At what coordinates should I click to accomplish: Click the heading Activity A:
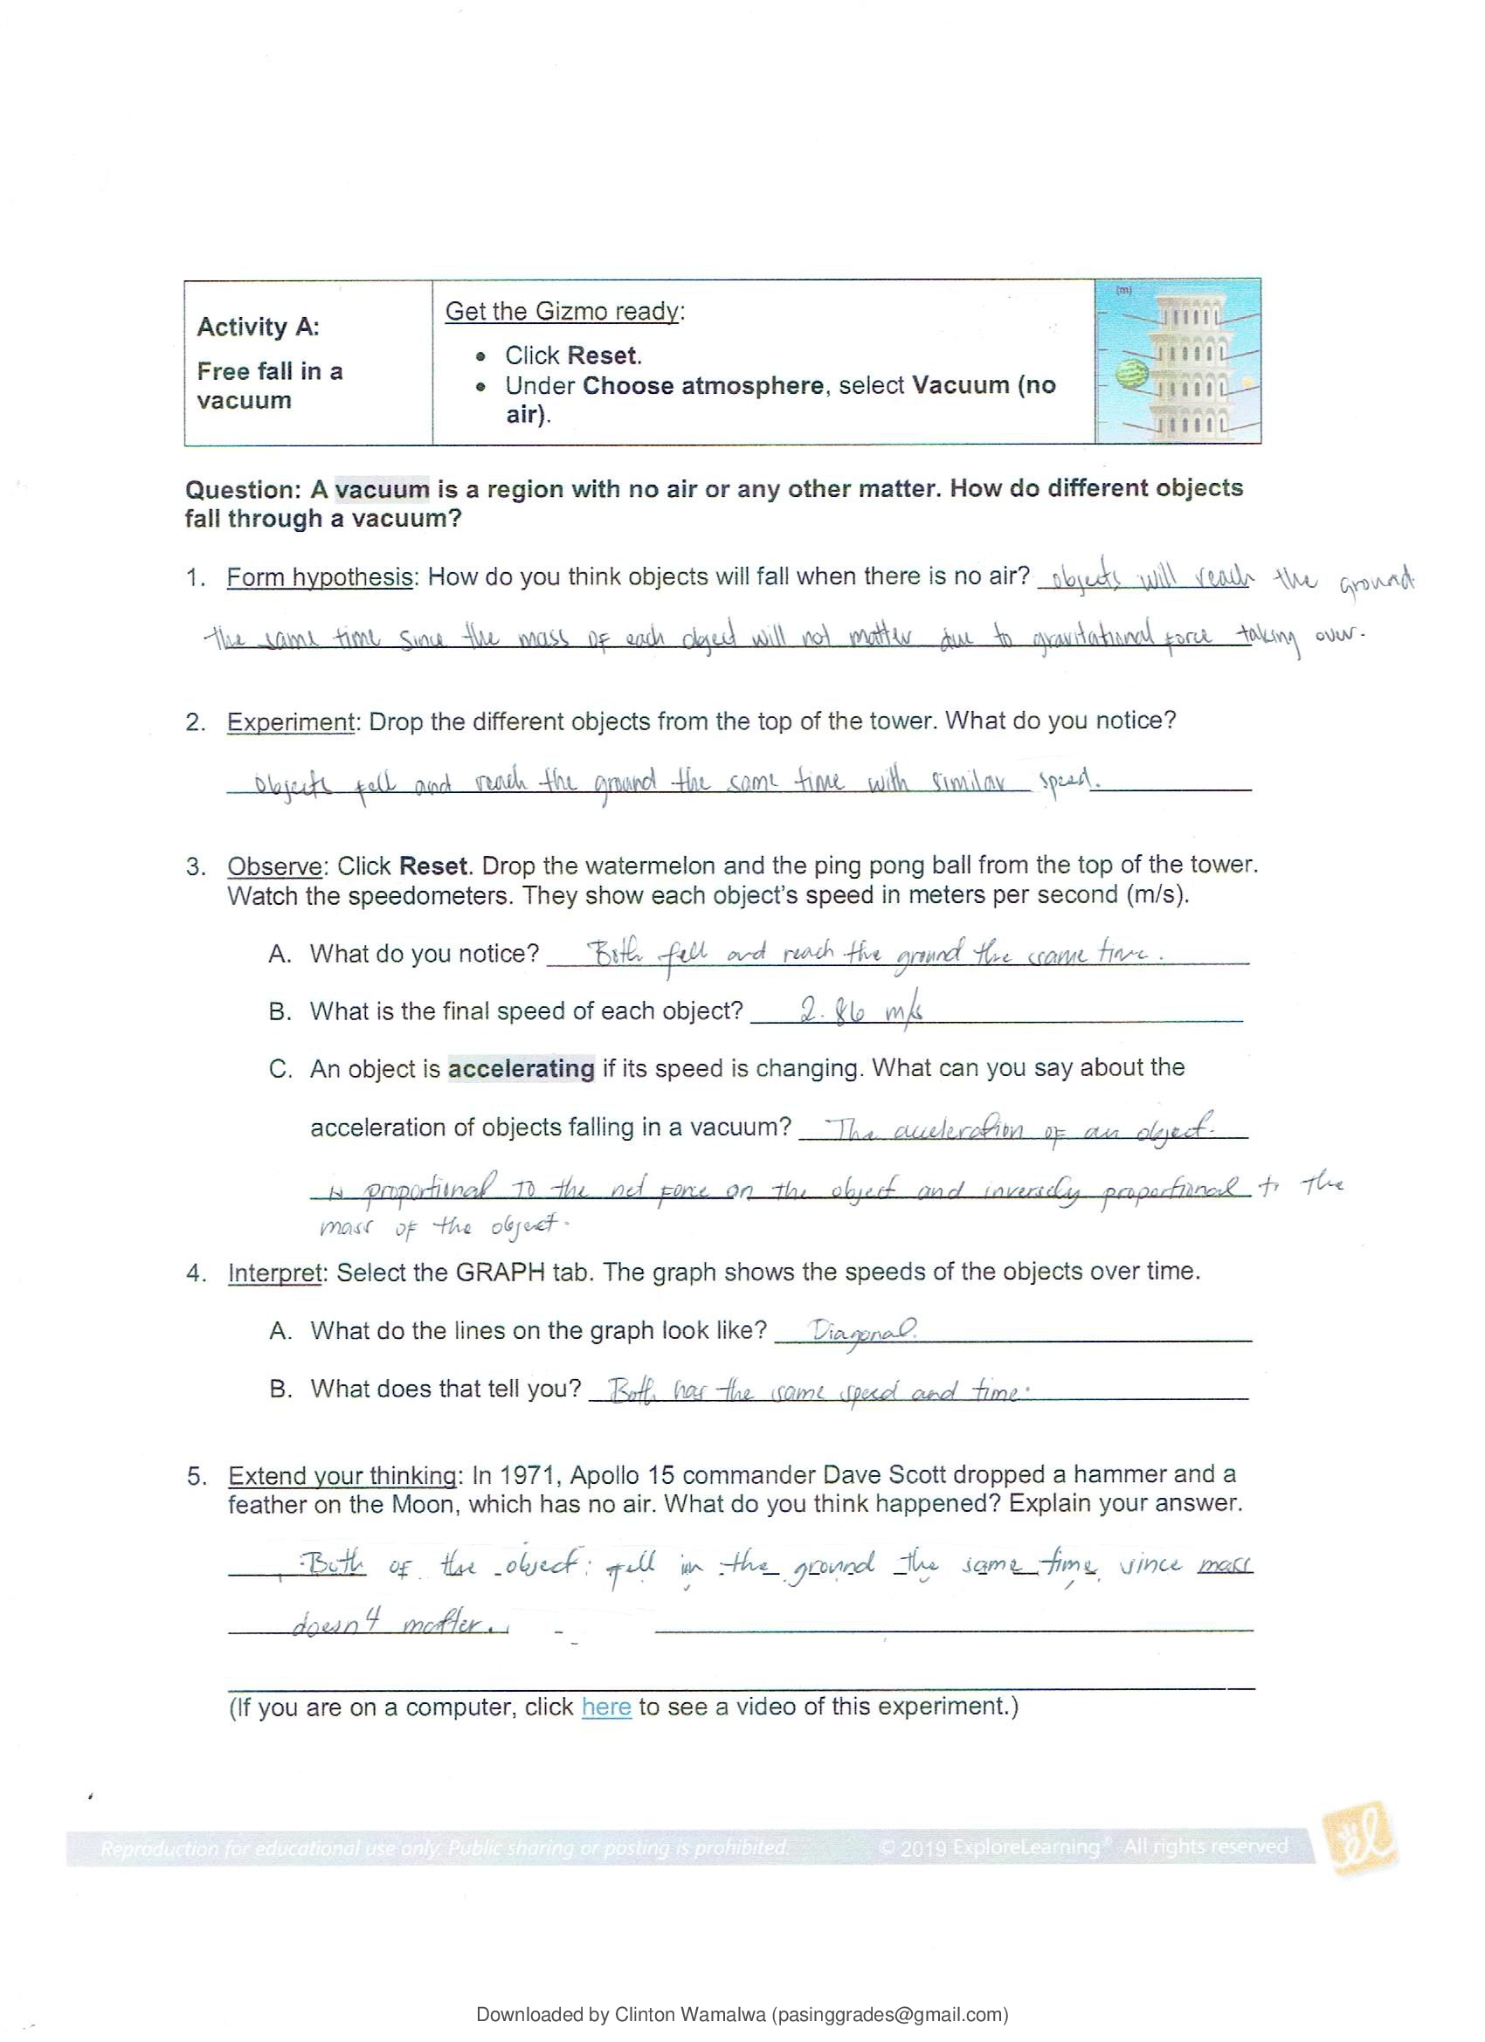pyautogui.click(x=258, y=327)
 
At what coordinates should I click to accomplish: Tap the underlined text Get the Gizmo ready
pyautogui.click(x=563, y=312)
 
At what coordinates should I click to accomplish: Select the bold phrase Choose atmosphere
pyautogui.click(x=702, y=386)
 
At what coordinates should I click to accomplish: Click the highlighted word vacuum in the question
pyautogui.click(x=382, y=490)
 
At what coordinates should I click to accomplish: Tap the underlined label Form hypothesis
pyautogui.click(x=320, y=577)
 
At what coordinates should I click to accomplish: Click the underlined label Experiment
pyautogui.click(x=291, y=722)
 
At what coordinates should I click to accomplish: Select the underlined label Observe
pyautogui.click(x=273, y=867)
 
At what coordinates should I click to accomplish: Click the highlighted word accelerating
pyautogui.click(x=521, y=1069)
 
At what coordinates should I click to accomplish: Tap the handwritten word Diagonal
pyautogui.click(x=863, y=1330)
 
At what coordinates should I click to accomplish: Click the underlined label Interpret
pyautogui.click(x=274, y=1273)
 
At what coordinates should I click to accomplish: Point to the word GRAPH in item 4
pyautogui.click(x=501, y=1273)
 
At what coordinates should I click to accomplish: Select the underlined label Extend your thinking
pyautogui.click(x=342, y=1476)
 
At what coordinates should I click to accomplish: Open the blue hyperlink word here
pyautogui.click(x=606, y=1707)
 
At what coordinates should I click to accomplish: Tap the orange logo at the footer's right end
pyautogui.click(x=1359, y=1839)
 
